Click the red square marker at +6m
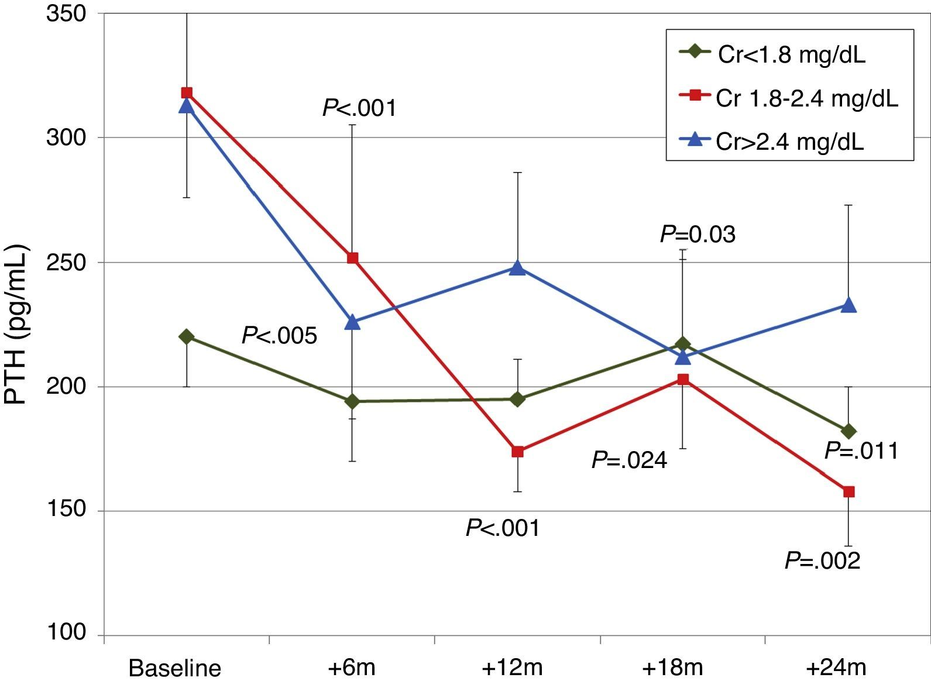[x=352, y=258]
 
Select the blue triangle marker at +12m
[x=517, y=268]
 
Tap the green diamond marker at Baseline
[x=187, y=336]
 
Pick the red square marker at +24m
[x=848, y=491]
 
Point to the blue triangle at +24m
[x=848, y=305]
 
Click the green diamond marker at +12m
[x=517, y=399]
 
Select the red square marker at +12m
[x=517, y=451]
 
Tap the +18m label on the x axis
[x=672, y=668]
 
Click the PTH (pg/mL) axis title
[x=16, y=325]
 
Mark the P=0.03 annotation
[x=698, y=235]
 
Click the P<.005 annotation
[x=279, y=336]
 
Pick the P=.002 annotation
[x=822, y=560]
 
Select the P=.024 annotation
[x=629, y=460]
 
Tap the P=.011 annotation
[x=861, y=451]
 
